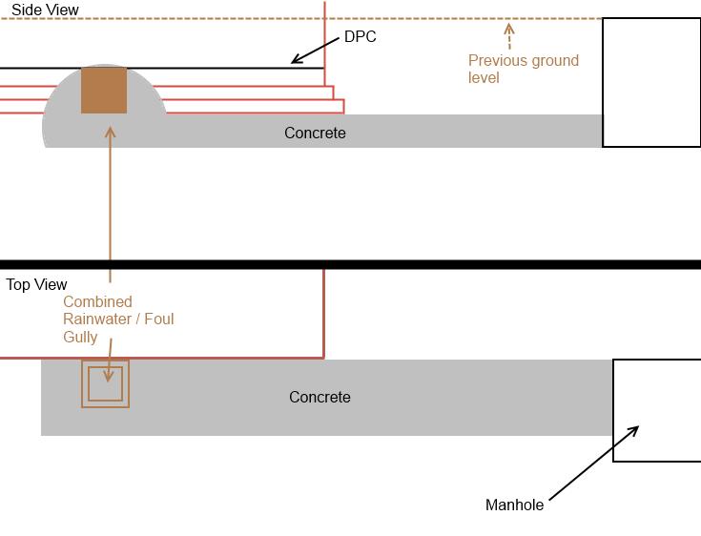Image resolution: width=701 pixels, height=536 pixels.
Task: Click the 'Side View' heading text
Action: pyautogui.click(x=45, y=10)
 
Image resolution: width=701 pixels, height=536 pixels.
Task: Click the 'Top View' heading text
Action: pyautogui.click(x=36, y=284)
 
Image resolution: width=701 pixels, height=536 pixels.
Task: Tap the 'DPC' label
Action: pyautogui.click(x=361, y=37)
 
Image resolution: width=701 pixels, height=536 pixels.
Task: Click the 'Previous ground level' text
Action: pyautogui.click(x=523, y=69)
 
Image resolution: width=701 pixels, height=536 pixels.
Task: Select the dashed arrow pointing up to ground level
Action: pyautogui.click(x=509, y=36)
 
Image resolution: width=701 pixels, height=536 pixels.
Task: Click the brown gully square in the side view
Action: pyautogui.click(x=104, y=91)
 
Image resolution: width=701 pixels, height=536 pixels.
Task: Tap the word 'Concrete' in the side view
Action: pyautogui.click(x=315, y=134)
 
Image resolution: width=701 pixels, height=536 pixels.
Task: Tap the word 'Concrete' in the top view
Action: pyautogui.click(x=320, y=397)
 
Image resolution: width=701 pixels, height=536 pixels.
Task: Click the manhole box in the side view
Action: pyautogui.click(x=651, y=83)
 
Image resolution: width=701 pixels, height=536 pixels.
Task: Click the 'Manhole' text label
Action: pyautogui.click(x=514, y=505)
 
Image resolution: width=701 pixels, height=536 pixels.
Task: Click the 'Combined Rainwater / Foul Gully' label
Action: pyautogui.click(x=118, y=320)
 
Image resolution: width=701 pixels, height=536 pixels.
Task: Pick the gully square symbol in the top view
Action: pyautogui.click(x=105, y=383)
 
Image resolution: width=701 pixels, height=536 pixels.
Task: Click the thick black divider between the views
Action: pyautogui.click(x=350, y=264)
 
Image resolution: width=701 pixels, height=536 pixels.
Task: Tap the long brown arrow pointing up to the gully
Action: pyautogui.click(x=111, y=200)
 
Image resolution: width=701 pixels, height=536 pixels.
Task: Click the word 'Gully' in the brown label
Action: pyautogui.click(x=81, y=337)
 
